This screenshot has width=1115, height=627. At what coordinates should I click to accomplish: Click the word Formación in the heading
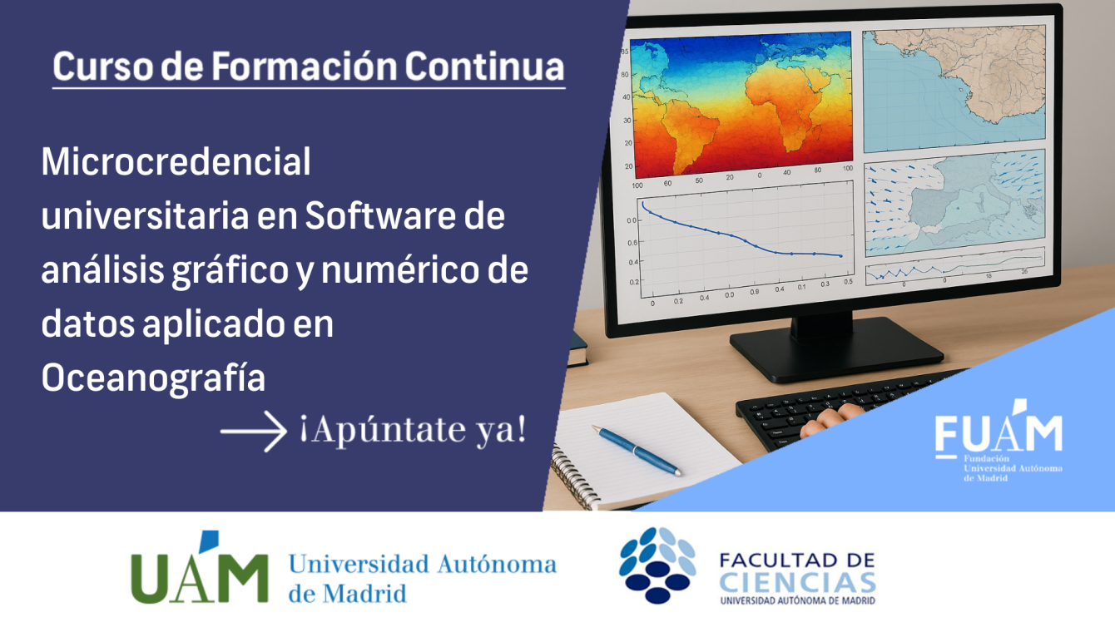[x=305, y=67]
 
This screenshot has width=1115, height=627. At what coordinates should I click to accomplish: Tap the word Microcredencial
[x=176, y=161]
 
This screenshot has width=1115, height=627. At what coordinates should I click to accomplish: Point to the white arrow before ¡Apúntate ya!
[x=254, y=431]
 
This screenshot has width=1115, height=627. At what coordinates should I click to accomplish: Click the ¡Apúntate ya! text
[x=414, y=430]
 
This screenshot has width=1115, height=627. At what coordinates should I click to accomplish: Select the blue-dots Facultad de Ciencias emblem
[x=657, y=565]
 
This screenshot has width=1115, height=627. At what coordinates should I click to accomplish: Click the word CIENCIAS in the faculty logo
[x=798, y=583]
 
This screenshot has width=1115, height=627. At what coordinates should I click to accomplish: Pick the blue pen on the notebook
[x=637, y=450]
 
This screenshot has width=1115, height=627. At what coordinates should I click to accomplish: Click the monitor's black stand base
[x=836, y=348]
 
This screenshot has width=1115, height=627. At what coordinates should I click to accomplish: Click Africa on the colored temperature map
[x=786, y=107]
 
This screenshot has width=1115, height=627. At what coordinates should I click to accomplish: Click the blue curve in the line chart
[x=741, y=234]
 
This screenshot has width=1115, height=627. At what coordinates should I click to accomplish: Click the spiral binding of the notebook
[x=573, y=476]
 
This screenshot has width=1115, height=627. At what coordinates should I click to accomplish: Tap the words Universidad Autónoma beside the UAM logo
[x=422, y=565]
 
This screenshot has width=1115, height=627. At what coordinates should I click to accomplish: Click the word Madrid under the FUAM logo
[x=989, y=478]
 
